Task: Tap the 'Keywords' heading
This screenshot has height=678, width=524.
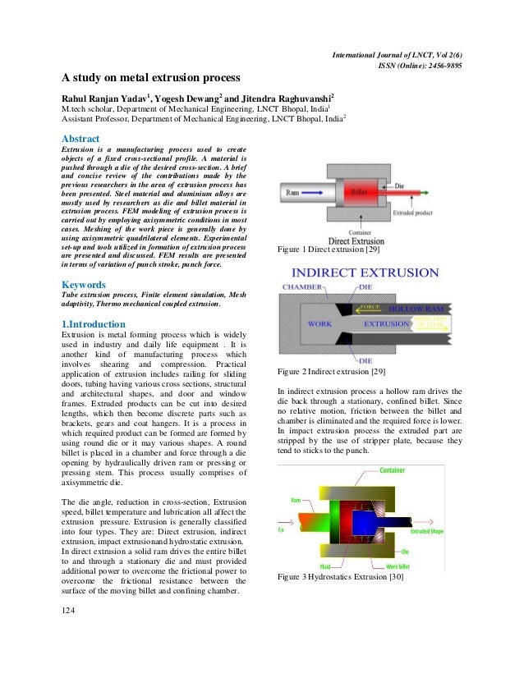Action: (85, 286)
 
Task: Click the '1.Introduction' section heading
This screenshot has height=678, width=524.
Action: (94, 323)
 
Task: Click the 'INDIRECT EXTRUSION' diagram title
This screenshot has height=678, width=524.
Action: (365, 273)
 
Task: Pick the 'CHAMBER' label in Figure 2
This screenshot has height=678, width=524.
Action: (305, 288)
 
